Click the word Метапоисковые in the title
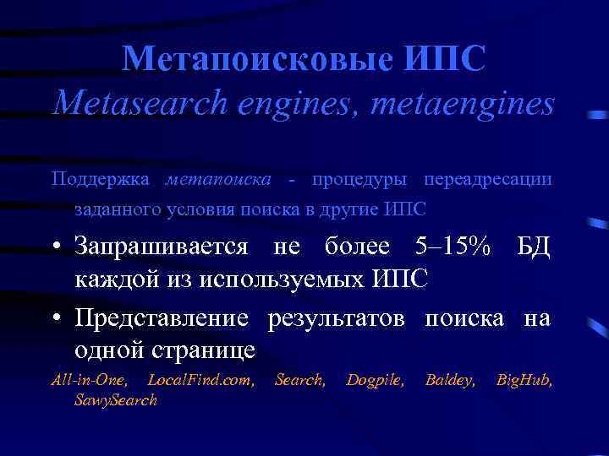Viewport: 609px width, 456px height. [x=256, y=59]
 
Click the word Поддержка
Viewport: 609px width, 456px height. [x=101, y=179]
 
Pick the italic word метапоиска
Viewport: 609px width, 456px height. [x=219, y=179]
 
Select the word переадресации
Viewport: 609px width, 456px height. [x=489, y=179]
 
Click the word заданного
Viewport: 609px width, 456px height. [x=113, y=209]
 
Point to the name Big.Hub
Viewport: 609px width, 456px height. [x=524, y=381]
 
